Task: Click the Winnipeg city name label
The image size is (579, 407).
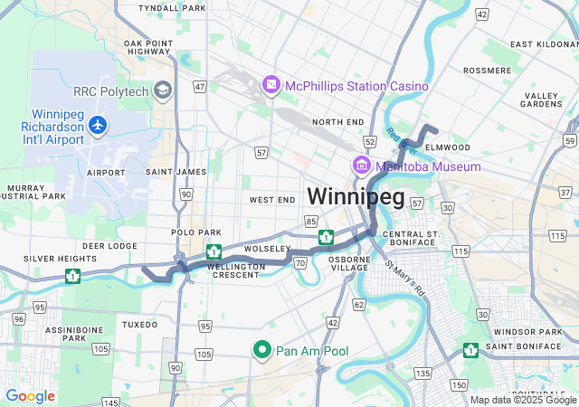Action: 355,195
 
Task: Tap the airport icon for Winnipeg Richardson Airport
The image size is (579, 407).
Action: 97,128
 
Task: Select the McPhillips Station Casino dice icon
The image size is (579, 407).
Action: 271,85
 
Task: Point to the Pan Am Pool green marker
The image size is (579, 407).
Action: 262,350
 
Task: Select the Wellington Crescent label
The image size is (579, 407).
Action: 235,271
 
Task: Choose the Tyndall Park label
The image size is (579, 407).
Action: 173,7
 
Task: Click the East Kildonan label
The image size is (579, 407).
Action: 544,43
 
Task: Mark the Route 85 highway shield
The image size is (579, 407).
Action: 311,221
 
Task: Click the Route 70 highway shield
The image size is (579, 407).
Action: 300,262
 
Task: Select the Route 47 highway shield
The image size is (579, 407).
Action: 200,87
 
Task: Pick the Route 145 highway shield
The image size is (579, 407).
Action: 110,402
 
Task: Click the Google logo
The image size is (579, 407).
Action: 30,396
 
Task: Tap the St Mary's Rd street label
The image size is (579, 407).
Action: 404,279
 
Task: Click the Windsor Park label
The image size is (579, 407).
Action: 517,332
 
